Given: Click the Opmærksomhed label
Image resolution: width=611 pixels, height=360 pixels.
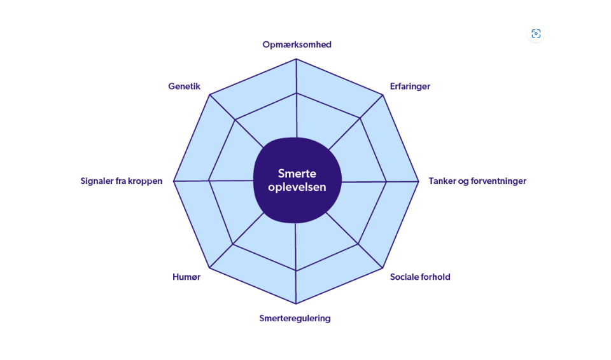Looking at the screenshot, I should [x=297, y=45].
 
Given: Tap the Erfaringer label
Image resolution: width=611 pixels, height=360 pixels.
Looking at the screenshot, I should [x=410, y=87].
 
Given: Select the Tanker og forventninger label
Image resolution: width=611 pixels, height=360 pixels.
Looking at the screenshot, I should [x=477, y=181].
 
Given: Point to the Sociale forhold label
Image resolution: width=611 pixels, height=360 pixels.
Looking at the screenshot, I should [x=420, y=277].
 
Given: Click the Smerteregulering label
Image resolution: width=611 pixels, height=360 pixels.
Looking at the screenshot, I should [x=295, y=318].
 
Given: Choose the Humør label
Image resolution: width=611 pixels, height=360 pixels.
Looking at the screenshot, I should [x=186, y=277].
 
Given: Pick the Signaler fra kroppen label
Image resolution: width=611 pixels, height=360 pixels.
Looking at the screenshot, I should [x=122, y=181].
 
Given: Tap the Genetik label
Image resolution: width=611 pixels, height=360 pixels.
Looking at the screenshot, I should [x=184, y=87].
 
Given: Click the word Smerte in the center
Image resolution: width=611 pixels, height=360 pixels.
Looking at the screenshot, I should [x=297, y=174].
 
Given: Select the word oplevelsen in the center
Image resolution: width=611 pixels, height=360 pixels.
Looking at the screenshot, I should [x=297, y=187].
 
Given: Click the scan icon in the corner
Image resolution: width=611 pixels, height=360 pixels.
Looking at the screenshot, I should [x=536, y=34].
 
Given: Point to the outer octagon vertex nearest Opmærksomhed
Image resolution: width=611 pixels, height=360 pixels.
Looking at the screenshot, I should [x=297, y=59].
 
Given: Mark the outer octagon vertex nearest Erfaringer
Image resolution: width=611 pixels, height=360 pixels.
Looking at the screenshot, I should [x=383, y=95].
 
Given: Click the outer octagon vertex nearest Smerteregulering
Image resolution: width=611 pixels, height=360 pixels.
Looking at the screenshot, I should [x=296, y=304].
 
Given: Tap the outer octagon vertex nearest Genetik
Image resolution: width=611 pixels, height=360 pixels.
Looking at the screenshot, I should [x=209, y=95].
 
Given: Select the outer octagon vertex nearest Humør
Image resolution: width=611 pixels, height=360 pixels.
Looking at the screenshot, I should [x=209, y=268].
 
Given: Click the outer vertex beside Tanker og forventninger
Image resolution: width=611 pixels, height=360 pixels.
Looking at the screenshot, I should [x=419, y=181].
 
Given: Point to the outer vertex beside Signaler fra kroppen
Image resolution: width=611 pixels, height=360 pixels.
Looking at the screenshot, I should [x=174, y=181].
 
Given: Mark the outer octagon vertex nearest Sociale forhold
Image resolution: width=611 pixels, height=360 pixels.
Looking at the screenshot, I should [x=383, y=268].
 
